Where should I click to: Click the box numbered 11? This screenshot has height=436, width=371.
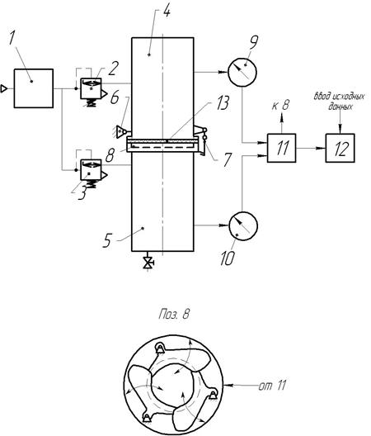point(281,148)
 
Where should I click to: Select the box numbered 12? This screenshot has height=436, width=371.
point(340,148)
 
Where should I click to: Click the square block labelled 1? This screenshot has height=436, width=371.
point(34,88)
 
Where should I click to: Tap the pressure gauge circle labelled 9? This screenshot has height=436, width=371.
point(242,73)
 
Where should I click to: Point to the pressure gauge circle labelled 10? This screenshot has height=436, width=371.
point(243,226)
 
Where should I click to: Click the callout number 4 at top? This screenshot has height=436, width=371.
point(166,12)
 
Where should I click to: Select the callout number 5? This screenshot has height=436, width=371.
point(107,240)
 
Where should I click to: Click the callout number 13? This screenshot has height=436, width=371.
point(222,103)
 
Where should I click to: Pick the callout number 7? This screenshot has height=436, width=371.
point(228,160)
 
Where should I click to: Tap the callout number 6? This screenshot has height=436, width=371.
point(115,97)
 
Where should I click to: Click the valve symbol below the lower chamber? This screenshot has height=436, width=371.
point(148,263)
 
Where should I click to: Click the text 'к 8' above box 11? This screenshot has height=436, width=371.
point(280,106)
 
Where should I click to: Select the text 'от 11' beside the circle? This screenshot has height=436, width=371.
point(272,386)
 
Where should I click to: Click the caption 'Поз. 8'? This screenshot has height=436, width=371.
point(175,315)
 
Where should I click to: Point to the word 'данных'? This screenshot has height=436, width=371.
point(340,107)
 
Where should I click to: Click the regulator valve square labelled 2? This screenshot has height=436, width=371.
point(91,88)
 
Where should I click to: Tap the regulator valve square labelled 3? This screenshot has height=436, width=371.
point(91,169)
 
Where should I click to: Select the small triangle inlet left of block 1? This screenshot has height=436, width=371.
point(4,88)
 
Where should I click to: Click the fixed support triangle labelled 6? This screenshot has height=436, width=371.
point(121,132)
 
